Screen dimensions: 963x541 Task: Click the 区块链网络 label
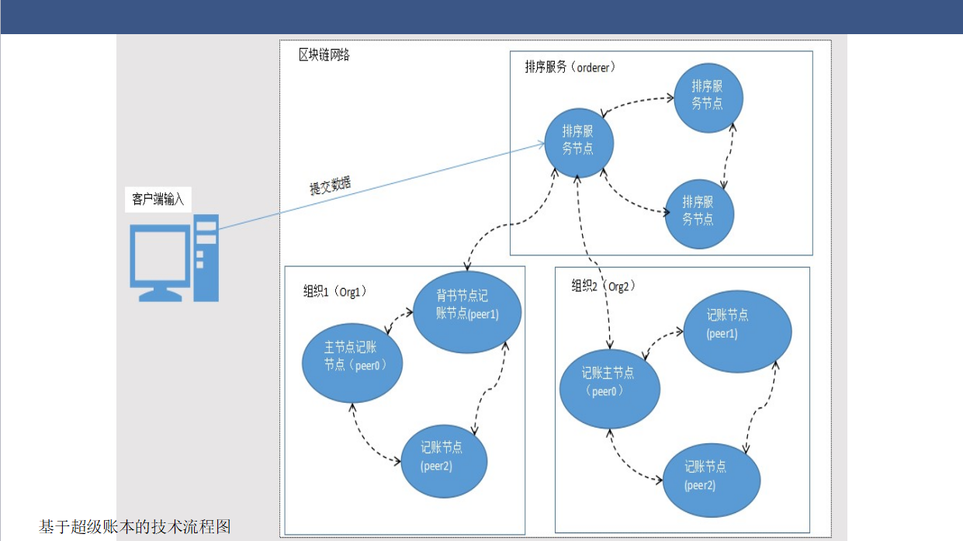pyautogui.click(x=324, y=55)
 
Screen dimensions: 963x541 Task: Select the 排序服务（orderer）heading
pyautogui.click(x=570, y=67)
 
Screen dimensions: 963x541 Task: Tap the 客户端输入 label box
pyautogui.click(x=158, y=199)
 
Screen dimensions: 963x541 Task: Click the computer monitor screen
pyautogui.click(x=160, y=255)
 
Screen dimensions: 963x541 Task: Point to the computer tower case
pyautogui.click(x=206, y=258)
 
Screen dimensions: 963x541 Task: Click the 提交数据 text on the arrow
pyautogui.click(x=330, y=186)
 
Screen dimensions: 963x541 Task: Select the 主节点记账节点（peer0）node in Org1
pyautogui.click(x=352, y=363)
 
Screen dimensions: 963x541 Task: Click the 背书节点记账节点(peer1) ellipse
pyautogui.click(x=467, y=312)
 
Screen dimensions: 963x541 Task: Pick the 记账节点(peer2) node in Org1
pyautogui.click(x=444, y=461)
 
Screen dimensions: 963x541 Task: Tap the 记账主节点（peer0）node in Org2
pyautogui.click(x=609, y=389)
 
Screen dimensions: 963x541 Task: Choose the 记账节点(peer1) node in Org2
pyautogui.click(x=737, y=331)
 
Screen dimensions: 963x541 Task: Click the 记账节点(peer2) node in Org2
pyautogui.click(x=712, y=480)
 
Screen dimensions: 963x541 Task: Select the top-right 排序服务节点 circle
pyautogui.click(x=708, y=98)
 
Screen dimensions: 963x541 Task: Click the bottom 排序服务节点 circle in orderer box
pyautogui.click(x=699, y=213)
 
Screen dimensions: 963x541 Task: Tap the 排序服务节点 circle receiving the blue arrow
pyautogui.click(x=579, y=143)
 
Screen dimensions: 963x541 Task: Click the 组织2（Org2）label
pyautogui.click(x=603, y=286)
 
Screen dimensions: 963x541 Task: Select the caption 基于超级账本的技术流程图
pyautogui.click(x=134, y=527)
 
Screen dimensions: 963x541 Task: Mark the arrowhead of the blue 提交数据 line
pyautogui.click(x=542, y=144)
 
